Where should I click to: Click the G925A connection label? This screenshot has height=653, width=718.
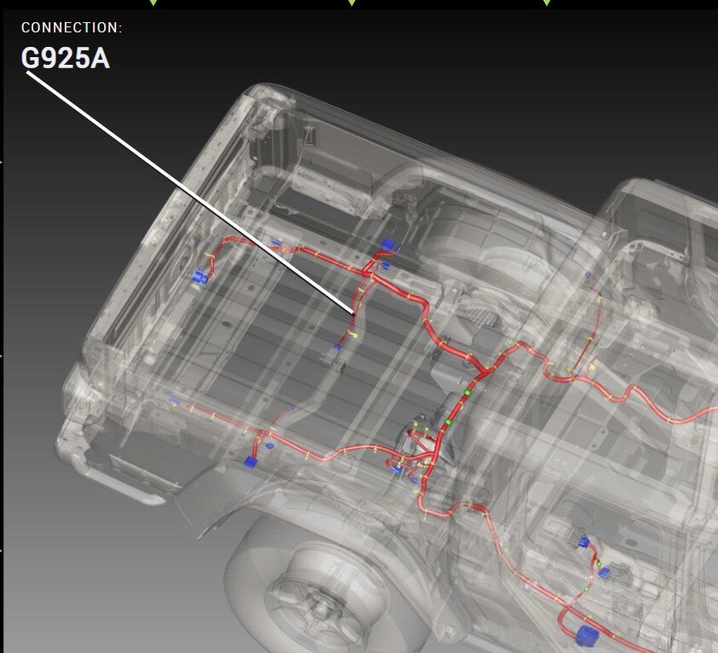tap(66, 59)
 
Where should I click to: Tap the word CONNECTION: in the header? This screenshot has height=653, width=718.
tap(72, 27)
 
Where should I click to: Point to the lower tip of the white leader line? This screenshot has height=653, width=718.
tap(354, 315)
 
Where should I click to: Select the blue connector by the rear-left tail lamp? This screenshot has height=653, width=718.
tap(200, 276)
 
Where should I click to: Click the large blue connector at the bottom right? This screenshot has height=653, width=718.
tap(587, 635)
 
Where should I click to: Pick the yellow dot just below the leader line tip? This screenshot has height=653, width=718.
tap(355, 336)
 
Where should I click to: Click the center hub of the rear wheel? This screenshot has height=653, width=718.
tap(317, 606)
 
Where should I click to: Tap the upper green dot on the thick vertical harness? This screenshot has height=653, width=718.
tap(467, 392)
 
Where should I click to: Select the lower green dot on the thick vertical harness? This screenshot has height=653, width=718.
tap(449, 421)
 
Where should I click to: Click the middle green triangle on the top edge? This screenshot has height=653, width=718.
tap(351, 3)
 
